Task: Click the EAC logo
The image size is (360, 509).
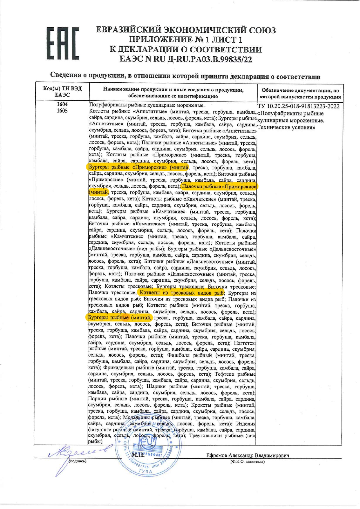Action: pyautogui.click(x=63, y=44)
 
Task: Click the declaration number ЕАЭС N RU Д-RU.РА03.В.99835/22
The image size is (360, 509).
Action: pyautogui.click(x=186, y=59)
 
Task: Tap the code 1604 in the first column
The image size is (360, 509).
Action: pyautogui.click(x=62, y=104)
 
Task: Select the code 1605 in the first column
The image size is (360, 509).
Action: pyautogui.click(x=62, y=111)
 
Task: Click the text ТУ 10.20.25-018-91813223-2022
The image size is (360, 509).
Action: pyautogui.click(x=298, y=106)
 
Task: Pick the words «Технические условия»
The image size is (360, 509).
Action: pyautogui.click(x=286, y=127)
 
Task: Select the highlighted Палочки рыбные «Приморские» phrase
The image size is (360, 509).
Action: pyautogui.click(x=219, y=186)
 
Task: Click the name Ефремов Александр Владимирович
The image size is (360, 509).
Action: pyautogui.click(x=248, y=455)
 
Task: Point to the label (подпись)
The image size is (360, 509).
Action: pyautogui.click(x=77, y=461)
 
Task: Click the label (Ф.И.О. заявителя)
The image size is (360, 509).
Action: pyautogui.click(x=248, y=461)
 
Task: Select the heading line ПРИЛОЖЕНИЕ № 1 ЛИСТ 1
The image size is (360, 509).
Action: pyautogui.click(x=186, y=39)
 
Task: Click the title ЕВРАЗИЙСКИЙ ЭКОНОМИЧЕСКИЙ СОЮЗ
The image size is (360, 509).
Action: pyautogui.click(x=186, y=30)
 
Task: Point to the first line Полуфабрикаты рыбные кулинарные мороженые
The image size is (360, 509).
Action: pyautogui.click(x=147, y=105)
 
